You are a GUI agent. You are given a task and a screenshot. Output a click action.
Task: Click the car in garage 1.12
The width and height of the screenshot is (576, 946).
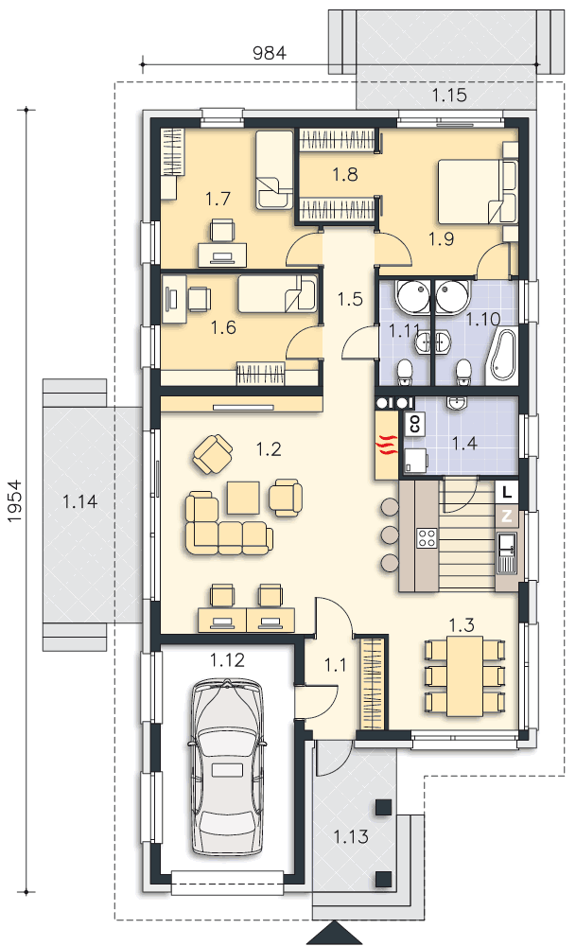[x=228, y=767]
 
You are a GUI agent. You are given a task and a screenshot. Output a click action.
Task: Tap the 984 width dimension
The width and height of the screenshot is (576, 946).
[x=269, y=53]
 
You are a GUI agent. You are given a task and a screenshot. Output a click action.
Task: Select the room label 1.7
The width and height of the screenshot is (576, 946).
[x=218, y=199]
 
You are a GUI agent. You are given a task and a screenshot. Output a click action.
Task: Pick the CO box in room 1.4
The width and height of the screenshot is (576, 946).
[x=415, y=424]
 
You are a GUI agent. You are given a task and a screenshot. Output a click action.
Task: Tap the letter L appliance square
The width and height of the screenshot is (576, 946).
[x=507, y=492]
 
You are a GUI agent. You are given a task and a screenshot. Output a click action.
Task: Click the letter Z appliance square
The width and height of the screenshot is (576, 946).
[x=507, y=516]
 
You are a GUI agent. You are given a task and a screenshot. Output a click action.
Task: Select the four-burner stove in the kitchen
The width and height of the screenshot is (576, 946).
[x=427, y=537]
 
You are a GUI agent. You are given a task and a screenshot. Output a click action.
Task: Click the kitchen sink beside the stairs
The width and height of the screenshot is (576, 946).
[x=507, y=552]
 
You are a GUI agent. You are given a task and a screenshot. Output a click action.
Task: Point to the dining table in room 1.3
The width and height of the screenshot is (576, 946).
[x=465, y=675]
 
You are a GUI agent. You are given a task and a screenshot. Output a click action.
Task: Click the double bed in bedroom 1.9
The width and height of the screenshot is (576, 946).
[x=477, y=191]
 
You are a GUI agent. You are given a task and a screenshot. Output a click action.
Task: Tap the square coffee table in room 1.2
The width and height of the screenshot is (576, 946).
[x=244, y=498]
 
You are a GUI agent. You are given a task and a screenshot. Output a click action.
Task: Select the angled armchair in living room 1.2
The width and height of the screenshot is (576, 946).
[x=212, y=455]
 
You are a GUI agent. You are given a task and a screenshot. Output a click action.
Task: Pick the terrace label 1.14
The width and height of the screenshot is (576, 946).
[x=80, y=501]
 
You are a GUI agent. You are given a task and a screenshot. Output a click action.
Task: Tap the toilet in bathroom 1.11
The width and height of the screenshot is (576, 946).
[x=404, y=371]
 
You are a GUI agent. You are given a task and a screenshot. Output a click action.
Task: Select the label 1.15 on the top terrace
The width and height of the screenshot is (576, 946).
[x=449, y=95]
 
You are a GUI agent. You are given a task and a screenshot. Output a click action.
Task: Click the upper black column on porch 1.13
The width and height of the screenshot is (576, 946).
[x=384, y=807]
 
